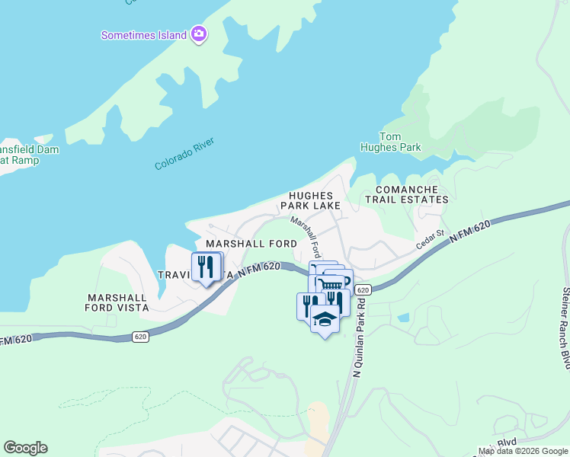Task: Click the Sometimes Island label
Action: [144, 35]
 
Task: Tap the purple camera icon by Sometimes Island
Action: [199, 34]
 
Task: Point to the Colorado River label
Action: [185, 154]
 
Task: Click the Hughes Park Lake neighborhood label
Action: [310, 200]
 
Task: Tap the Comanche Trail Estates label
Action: [406, 194]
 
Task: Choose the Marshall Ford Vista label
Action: [117, 302]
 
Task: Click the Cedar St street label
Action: [430, 240]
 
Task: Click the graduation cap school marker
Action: [325, 320]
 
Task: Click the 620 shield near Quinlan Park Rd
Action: [363, 290]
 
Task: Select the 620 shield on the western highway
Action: [139, 336]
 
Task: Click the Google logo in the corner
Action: [25, 448]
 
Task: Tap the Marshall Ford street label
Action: [306, 235]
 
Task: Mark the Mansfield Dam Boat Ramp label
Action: [23, 155]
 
